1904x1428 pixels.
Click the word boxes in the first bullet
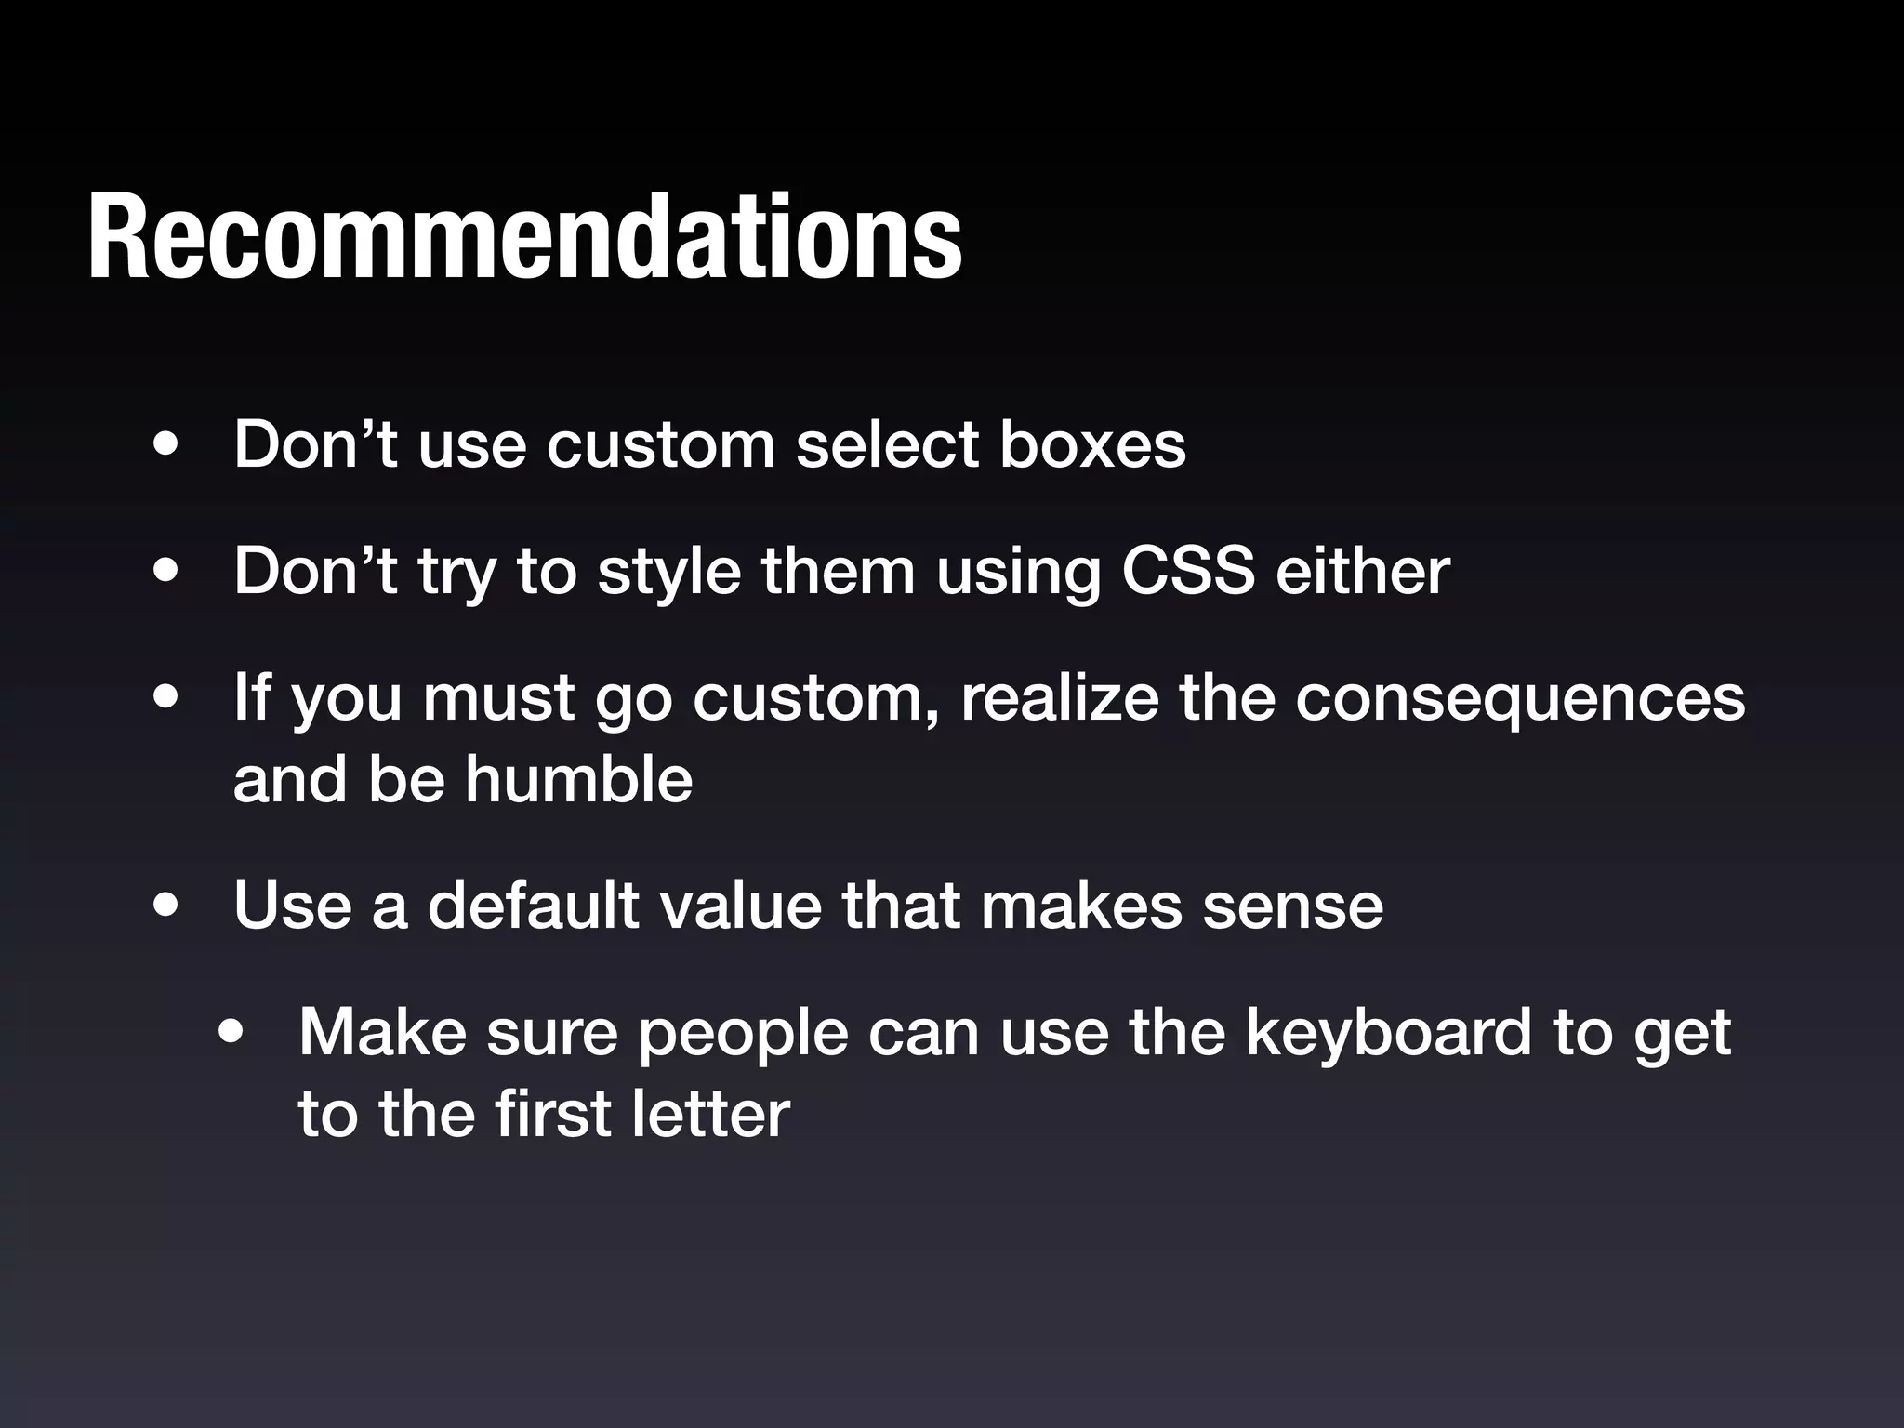tap(1092, 444)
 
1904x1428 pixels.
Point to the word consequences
tap(1520, 698)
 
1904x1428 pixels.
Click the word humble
tap(578, 779)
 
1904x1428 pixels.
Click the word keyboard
tap(1388, 1032)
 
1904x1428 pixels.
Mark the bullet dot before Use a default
tap(167, 906)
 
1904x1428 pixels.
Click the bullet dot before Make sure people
tap(231, 1033)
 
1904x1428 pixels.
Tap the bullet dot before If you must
tap(167, 699)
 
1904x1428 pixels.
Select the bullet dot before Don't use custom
tap(167, 445)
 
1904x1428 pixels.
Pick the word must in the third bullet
tap(498, 699)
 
